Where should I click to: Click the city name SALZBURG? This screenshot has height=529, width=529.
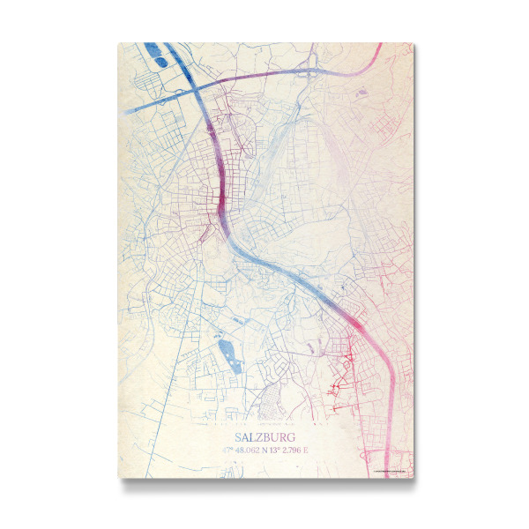point(264,436)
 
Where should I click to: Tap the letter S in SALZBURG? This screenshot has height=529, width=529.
point(238,436)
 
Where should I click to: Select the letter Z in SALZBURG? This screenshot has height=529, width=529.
point(257,436)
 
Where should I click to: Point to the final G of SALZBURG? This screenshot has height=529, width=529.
point(292,436)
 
